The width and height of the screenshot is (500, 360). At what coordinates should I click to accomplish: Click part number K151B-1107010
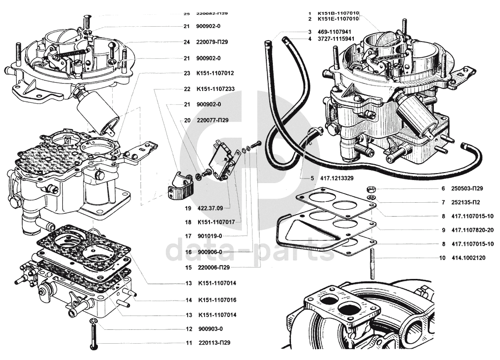338,13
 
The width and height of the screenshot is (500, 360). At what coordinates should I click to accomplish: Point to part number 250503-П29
466,189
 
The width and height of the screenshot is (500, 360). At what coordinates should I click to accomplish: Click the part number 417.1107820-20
472,230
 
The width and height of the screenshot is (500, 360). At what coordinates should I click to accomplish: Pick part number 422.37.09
210,208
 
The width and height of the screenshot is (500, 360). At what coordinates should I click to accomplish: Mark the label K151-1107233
215,90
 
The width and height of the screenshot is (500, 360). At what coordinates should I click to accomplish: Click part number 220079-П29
212,42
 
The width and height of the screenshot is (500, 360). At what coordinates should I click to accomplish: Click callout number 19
187,208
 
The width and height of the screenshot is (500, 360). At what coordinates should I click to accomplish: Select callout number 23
187,73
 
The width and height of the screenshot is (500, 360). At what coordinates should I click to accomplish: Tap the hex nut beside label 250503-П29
370,189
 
